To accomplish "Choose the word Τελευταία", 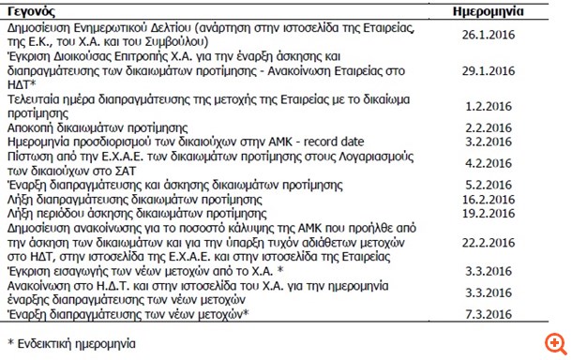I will tap(35, 97).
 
